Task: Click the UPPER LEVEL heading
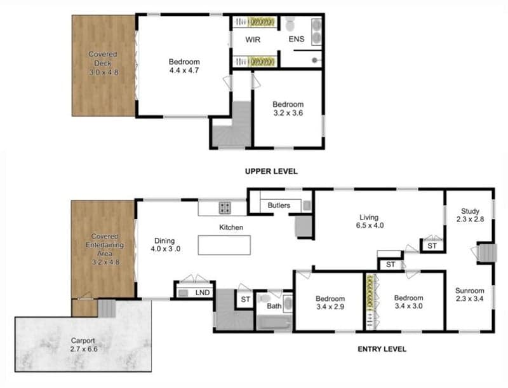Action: pos(271,171)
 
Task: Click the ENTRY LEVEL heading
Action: pos(382,349)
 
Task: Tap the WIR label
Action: pos(253,39)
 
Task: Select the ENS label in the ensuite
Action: pos(297,39)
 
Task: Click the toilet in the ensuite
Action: pos(290,24)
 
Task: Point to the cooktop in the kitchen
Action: pos(225,207)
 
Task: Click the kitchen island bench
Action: pos(224,245)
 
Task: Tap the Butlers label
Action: pos(279,205)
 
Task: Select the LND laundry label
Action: pos(203,293)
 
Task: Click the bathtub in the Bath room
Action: pos(274,322)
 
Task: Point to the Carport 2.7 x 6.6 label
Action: pos(83,345)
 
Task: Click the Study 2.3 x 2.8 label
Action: pos(470,215)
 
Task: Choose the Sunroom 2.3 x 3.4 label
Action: pos(470,294)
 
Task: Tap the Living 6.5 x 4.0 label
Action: pos(370,221)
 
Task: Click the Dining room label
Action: pos(165,245)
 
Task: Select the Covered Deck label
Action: pos(104,63)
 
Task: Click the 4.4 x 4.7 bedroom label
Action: pos(184,66)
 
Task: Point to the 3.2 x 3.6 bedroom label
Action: pos(288,109)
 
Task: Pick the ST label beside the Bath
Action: pos(245,300)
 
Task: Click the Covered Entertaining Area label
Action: pos(105,249)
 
